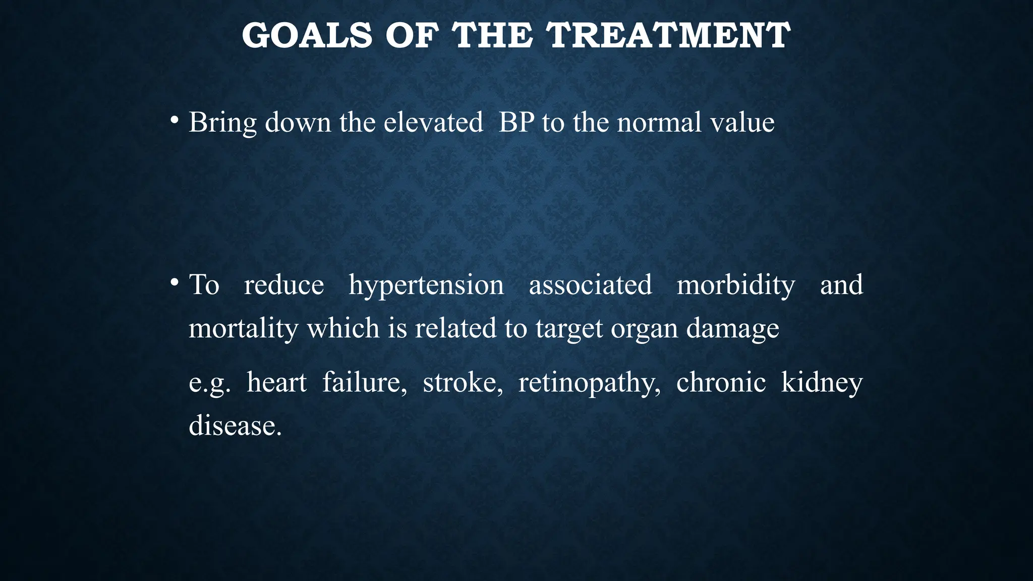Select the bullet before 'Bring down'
click(174, 121)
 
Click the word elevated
click(433, 123)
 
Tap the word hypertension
click(426, 285)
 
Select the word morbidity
click(735, 285)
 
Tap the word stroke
click(463, 382)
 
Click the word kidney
click(822, 382)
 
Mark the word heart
click(276, 382)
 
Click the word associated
click(590, 285)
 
